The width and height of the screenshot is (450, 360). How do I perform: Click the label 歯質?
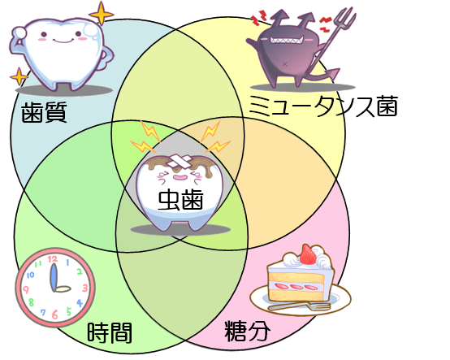click(44, 112)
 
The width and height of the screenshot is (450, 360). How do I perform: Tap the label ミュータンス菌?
click(323, 106)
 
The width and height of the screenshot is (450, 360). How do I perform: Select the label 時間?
click(110, 332)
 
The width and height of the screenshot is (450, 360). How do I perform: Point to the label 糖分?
click(247, 331)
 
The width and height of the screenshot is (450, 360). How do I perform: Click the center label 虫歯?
click(180, 199)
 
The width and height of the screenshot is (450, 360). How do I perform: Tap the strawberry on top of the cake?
click(308, 254)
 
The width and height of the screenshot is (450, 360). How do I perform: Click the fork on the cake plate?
click(299, 306)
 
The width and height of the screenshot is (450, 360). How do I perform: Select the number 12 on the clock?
click(53, 259)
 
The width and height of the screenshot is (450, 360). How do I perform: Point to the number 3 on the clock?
click(85, 288)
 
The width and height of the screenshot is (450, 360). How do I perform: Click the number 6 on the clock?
click(54, 314)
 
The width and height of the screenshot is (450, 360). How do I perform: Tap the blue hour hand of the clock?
click(53, 277)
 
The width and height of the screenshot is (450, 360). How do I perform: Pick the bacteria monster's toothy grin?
click(287, 39)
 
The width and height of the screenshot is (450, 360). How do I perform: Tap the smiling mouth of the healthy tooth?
click(63, 41)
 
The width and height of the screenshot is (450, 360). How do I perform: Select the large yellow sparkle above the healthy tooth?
click(101, 13)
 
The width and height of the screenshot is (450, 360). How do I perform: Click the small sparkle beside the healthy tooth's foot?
click(19, 76)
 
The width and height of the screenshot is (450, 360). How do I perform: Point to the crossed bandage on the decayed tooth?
click(180, 161)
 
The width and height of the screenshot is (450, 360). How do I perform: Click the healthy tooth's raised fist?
click(19, 33)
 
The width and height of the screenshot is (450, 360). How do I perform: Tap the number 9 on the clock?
click(25, 289)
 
